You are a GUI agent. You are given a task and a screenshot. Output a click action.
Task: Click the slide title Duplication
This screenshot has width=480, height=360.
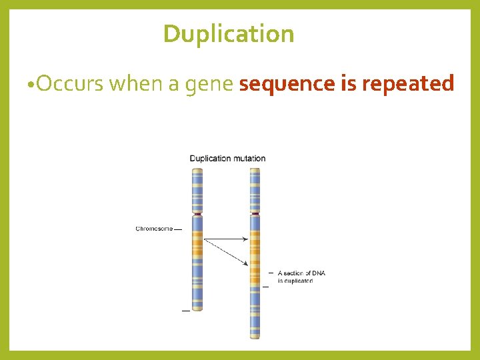pos(229,33)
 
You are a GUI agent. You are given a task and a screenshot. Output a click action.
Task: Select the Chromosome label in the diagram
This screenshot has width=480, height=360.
pos(154,229)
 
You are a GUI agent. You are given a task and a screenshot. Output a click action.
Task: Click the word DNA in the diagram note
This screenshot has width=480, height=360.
pos(319,273)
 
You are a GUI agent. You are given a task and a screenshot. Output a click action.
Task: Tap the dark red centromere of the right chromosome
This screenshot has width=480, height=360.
pos(255,214)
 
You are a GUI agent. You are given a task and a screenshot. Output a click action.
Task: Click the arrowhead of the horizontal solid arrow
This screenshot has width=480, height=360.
pos(246,239)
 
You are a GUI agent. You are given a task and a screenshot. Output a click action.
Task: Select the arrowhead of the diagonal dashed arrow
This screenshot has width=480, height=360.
pos(245,264)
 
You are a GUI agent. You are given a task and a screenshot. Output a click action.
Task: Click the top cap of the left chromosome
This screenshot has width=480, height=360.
pos(197,170)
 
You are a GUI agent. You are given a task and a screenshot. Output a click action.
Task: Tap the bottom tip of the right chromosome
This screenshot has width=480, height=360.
pos(255,337)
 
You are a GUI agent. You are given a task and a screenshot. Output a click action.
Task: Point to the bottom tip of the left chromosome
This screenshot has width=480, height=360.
pos(197,309)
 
